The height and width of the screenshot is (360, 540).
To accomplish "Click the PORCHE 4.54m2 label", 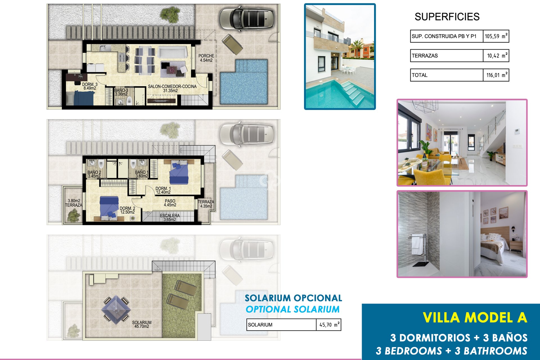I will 206,58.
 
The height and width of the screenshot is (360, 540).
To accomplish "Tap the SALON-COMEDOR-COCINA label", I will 172,88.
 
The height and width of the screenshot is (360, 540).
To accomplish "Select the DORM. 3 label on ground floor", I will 90,86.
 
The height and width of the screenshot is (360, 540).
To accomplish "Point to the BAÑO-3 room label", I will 121,92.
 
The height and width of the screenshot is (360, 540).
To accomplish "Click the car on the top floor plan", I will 247,19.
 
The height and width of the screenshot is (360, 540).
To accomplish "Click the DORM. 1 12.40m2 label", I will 163,190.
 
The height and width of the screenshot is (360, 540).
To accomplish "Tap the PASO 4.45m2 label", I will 170,203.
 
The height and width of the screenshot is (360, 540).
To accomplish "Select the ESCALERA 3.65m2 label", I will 170,217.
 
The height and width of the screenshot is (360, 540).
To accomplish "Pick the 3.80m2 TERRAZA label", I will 74,203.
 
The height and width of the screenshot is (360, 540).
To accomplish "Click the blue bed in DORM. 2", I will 109,208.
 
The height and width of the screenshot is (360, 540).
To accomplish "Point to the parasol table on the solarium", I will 116,310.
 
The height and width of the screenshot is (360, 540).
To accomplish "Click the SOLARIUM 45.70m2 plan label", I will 142,324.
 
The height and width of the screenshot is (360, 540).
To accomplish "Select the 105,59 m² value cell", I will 496,36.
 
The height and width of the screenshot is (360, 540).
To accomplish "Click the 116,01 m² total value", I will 496,75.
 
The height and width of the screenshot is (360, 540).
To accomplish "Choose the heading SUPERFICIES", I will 447,17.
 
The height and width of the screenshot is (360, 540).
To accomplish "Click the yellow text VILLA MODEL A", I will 475,318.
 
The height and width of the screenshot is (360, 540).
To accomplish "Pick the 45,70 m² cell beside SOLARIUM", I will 328,325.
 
